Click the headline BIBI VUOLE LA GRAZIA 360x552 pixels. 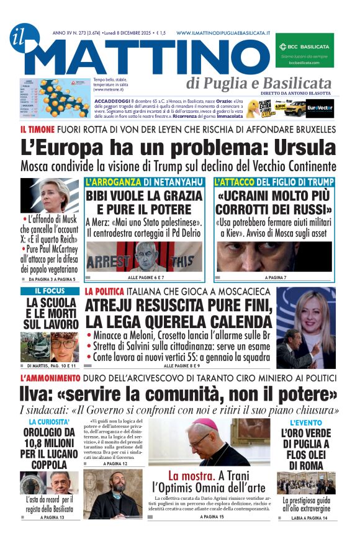click(x=146, y=198)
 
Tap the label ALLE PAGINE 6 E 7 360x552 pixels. click(x=146, y=277)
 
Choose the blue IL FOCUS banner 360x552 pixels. click(x=50, y=291)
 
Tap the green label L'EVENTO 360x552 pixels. click(x=305, y=422)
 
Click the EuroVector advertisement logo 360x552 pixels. click(x=320, y=107)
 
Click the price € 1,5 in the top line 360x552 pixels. click(x=161, y=32)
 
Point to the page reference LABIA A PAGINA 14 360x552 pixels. click(x=307, y=516)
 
